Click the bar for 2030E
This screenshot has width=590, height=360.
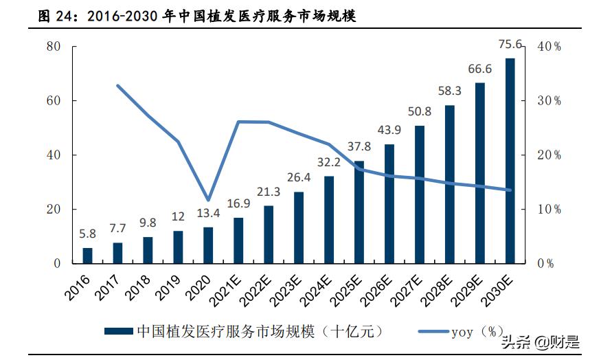[x=510, y=161]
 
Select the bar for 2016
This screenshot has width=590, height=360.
[x=87, y=256]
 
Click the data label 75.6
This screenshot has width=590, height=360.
[x=510, y=46]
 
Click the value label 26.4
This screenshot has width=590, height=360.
[x=298, y=178]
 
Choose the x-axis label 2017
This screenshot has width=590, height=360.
[x=108, y=283]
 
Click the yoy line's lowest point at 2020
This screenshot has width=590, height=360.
[x=208, y=200]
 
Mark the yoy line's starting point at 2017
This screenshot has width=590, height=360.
[x=117, y=86]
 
